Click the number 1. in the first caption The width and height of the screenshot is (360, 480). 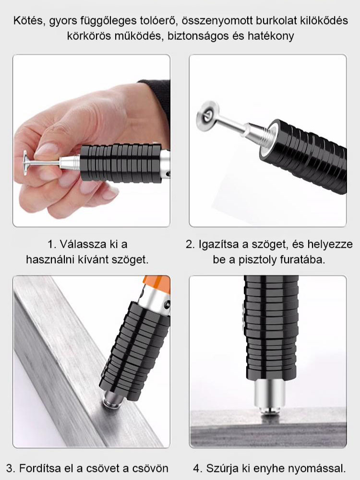(x=52, y=244)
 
